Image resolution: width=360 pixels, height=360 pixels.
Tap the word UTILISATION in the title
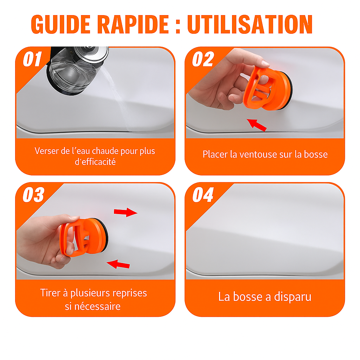[x=250, y=24]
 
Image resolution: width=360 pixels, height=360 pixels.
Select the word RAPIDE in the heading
[x=133, y=24]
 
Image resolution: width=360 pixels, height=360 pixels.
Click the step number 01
[x=32, y=59]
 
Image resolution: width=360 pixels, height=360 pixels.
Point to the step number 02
[x=203, y=59]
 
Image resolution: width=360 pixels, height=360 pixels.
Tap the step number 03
[x=33, y=195]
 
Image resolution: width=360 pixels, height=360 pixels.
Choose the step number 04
[x=203, y=195]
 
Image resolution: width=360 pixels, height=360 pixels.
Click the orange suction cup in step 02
[x=268, y=88]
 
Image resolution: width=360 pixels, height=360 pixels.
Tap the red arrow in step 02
[x=257, y=125]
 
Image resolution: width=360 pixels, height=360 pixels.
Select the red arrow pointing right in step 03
[x=126, y=212]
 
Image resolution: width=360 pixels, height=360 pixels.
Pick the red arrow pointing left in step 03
[x=118, y=264]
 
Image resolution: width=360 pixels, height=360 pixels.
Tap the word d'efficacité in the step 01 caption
[x=95, y=162]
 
